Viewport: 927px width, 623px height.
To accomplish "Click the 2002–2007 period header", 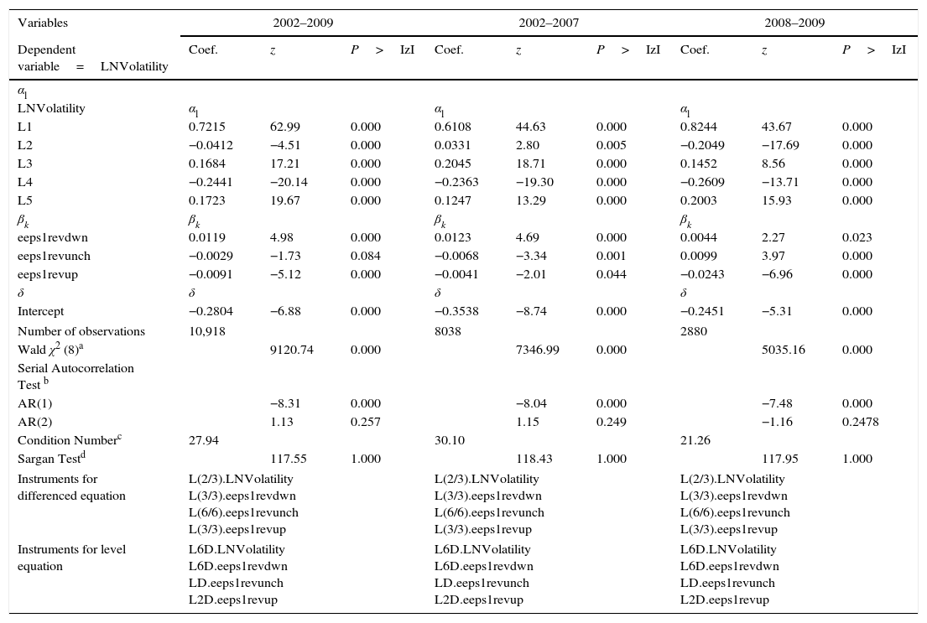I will [x=549, y=23].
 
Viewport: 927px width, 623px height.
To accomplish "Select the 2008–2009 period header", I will [x=794, y=23].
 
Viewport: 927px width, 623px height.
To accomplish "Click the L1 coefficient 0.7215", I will [x=206, y=127].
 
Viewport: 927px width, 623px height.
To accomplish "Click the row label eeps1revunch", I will [x=54, y=256].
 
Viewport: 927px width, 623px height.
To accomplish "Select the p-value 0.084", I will [x=365, y=256].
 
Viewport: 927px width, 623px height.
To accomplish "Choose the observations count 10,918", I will [x=207, y=331].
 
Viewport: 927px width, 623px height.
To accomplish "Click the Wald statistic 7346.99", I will [x=537, y=350].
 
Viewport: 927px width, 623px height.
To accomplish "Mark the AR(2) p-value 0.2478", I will [x=861, y=422].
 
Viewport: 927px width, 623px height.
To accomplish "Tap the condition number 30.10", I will [x=450, y=440].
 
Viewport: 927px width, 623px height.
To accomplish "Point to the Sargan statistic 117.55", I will [x=288, y=459].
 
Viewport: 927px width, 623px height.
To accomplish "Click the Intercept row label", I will [x=40, y=311].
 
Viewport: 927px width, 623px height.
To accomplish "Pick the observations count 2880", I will [x=694, y=331].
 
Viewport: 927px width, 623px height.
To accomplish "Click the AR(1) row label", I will [x=34, y=403].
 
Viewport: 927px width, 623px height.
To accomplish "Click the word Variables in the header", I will [x=43, y=23].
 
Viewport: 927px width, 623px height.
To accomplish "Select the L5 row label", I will [x=25, y=201].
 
